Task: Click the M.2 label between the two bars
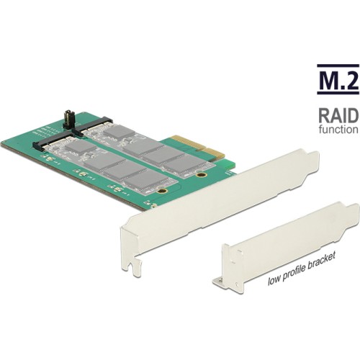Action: (x=338, y=78)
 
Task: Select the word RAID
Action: (x=338, y=115)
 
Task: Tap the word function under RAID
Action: (x=338, y=129)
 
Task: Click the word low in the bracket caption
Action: (x=274, y=280)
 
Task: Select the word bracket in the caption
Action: (x=321, y=261)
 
